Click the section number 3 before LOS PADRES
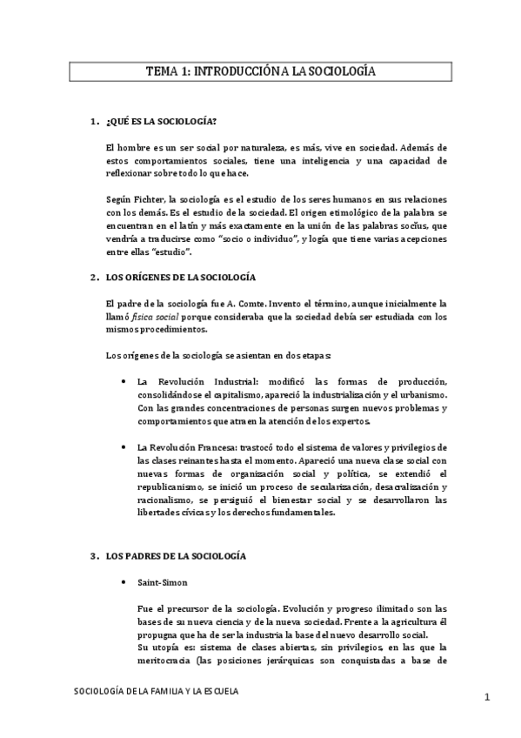92,555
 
